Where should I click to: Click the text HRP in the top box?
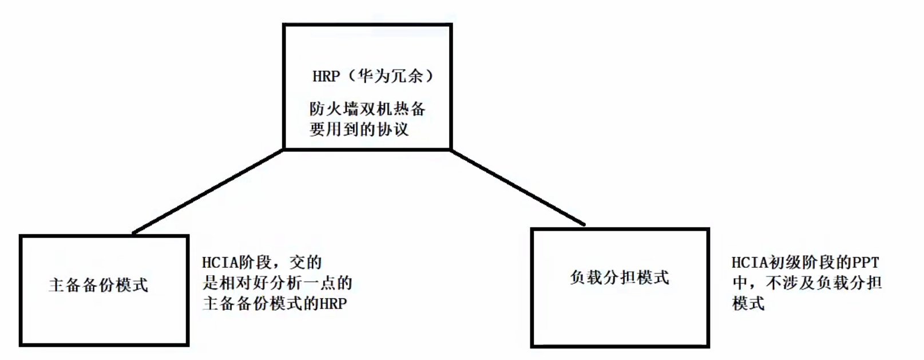pos(326,76)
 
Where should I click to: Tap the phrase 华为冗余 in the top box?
pos(390,76)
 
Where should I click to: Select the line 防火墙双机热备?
pos(367,109)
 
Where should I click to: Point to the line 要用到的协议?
pos(359,129)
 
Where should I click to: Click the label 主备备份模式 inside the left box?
pos(98,285)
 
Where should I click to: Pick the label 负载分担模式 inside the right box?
pos(620,278)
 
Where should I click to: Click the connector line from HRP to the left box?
pos(208,191)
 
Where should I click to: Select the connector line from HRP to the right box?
pos(518,187)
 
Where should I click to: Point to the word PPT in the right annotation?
pos(866,263)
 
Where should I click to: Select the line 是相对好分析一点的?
pos(277,283)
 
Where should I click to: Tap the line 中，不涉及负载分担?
pos(807,283)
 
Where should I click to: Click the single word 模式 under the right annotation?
pos(748,303)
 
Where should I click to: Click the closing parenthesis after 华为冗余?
pos(430,76)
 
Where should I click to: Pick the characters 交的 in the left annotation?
pos(306,263)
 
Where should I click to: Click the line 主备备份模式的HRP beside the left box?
pos(275,303)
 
